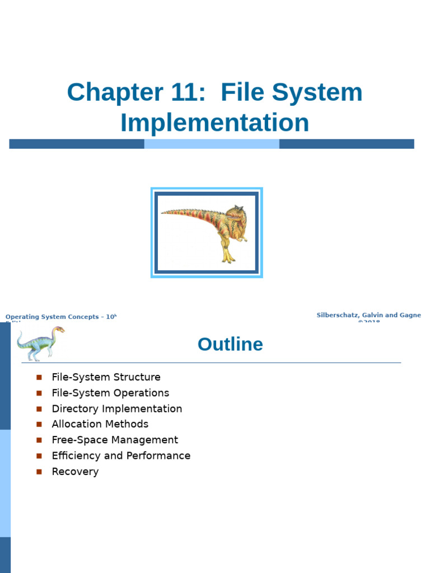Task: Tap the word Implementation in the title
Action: click(214, 123)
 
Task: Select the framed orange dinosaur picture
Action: click(207, 233)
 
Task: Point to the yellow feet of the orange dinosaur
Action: click(228, 257)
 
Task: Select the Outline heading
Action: click(230, 344)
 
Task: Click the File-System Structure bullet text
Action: click(106, 377)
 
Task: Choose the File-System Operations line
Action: click(110, 393)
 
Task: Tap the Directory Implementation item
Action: click(116, 408)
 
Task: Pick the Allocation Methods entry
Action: click(100, 424)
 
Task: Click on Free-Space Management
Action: click(115, 440)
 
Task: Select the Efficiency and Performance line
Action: click(121, 455)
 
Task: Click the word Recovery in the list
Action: click(75, 471)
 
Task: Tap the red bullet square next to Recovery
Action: click(39, 472)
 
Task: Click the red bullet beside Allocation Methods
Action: click(39, 425)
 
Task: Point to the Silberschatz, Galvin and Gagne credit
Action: click(368, 316)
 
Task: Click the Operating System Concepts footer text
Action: click(59, 317)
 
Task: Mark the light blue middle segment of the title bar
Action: click(212, 144)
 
